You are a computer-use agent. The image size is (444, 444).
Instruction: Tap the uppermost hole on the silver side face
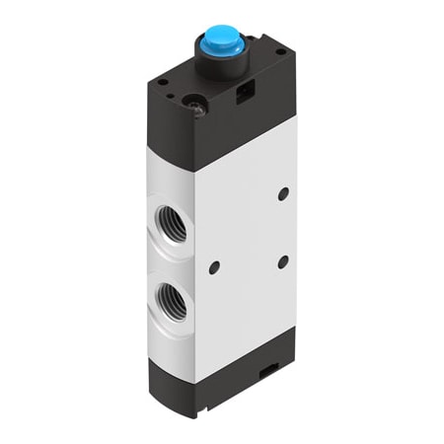click(283, 194)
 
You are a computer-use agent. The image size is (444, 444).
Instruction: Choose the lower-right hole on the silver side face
click(283, 261)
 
